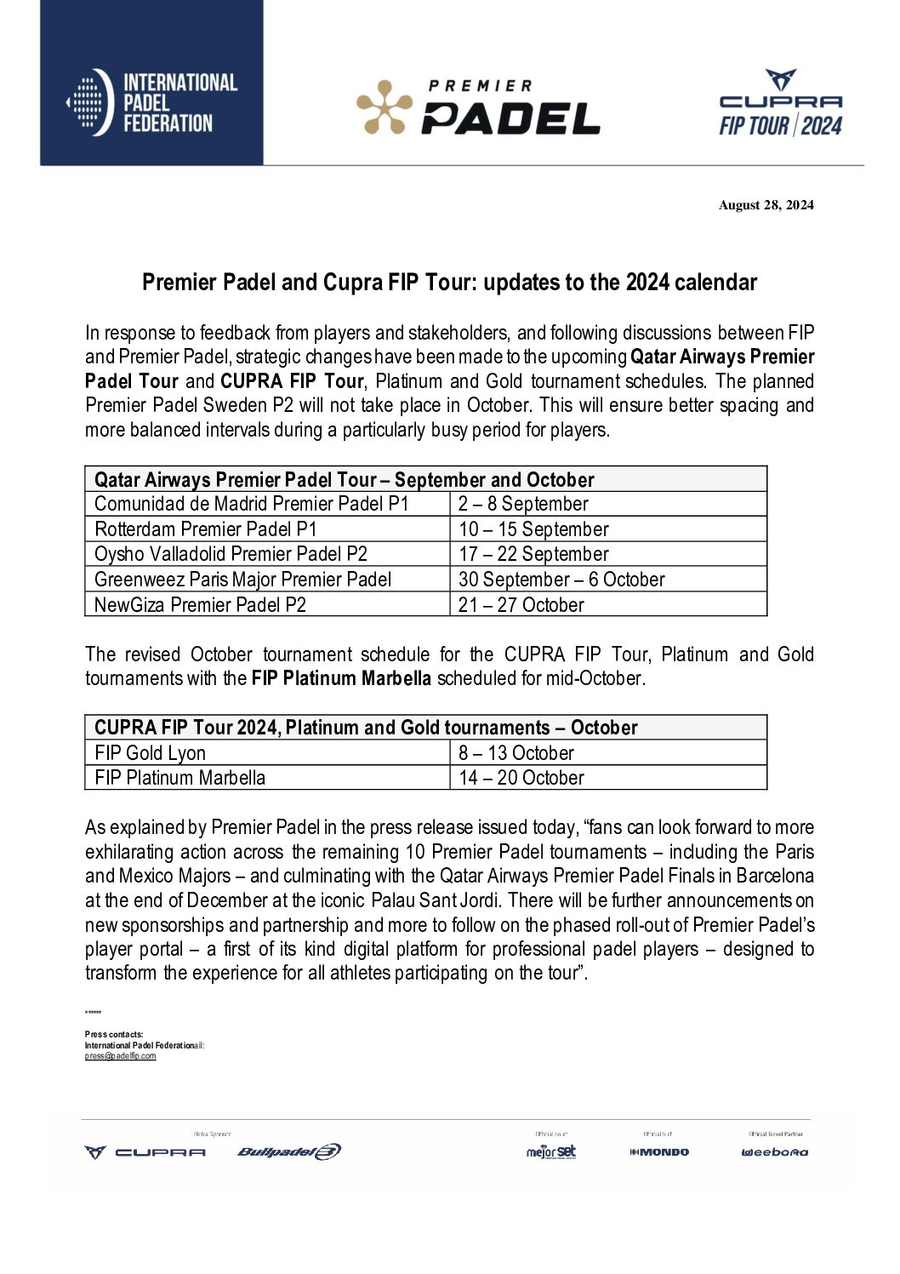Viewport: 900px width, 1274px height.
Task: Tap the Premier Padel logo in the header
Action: (x=477, y=108)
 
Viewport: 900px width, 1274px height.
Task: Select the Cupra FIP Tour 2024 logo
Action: (x=780, y=104)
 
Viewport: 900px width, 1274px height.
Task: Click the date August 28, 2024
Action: (x=766, y=205)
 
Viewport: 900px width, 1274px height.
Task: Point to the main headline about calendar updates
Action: (x=449, y=283)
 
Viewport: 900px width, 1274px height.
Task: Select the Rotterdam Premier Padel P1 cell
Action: (x=205, y=529)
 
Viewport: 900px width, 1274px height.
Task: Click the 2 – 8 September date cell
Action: (x=523, y=504)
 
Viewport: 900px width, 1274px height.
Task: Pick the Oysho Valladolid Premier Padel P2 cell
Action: (x=231, y=554)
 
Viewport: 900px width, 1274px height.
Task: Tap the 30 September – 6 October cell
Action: (x=561, y=580)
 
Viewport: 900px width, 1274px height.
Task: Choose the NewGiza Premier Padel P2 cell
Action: (x=200, y=605)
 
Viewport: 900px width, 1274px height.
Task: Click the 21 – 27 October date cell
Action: (x=521, y=605)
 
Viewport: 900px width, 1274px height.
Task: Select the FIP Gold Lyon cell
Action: (x=150, y=753)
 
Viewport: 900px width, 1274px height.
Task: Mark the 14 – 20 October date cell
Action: (x=521, y=778)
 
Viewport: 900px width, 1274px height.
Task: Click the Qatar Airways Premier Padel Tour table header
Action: (x=344, y=479)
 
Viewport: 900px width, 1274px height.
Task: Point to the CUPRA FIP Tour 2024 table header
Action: (x=366, y=728)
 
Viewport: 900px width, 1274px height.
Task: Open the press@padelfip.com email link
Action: (x=120, y=1056)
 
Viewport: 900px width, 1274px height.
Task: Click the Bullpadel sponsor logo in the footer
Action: (x=288, y=1151)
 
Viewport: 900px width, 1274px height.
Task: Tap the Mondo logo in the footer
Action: (x=659, y=1152)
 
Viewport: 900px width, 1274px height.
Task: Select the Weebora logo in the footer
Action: (x=774, y=1152)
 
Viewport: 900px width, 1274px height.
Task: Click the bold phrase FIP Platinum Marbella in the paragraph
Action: (x=341, y=678)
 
